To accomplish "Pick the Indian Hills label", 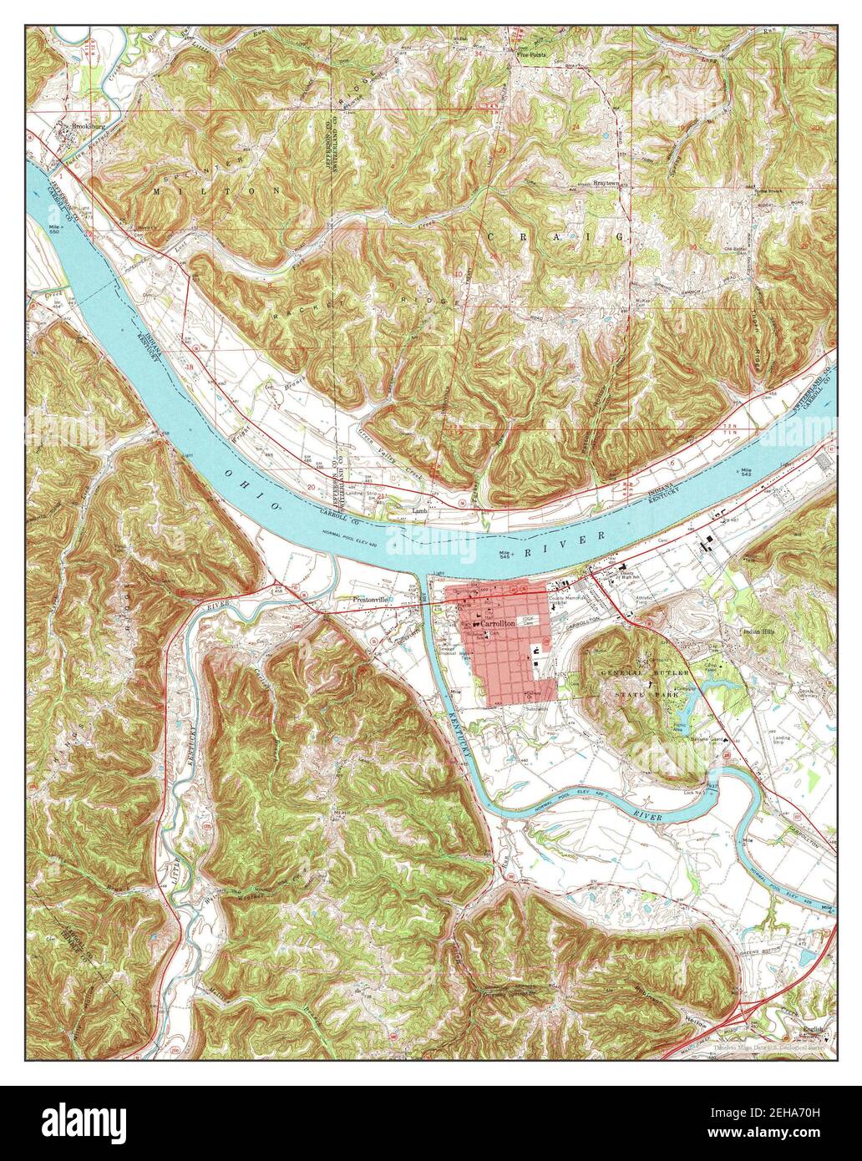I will click(760, 632).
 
